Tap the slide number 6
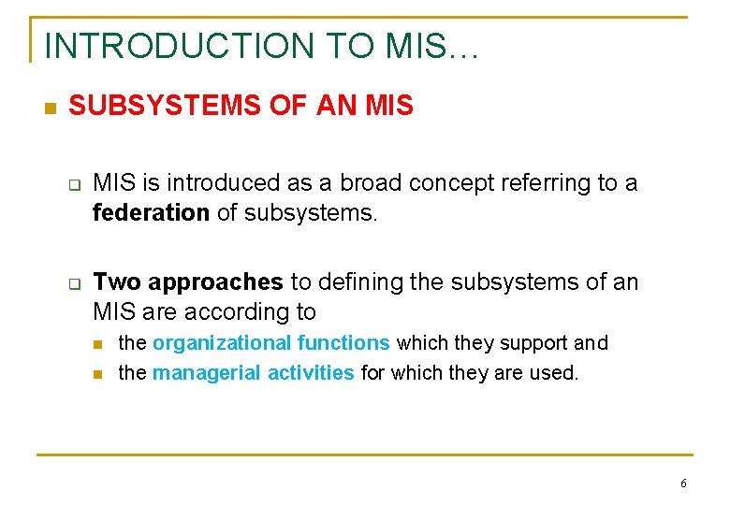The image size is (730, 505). pos(683,483)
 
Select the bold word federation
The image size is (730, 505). pos(151,213)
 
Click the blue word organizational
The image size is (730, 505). pos(223,343)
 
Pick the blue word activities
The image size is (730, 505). pos(311,373)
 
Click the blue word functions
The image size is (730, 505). pos(343,343)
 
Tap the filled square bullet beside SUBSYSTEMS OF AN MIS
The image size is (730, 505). pos(51,108)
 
